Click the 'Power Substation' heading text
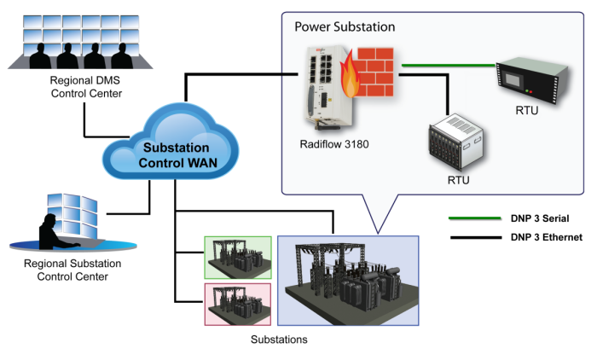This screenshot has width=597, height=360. click(345, 26)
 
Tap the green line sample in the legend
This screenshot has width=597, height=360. click(478, 218)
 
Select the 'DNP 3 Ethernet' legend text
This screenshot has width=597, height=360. click(546, 237)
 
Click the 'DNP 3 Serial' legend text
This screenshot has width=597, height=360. click(540, 218)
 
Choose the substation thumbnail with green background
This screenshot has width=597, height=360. click(238, 257)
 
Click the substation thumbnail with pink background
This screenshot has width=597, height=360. click(238, 304)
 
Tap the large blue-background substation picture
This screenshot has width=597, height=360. click(348, 281)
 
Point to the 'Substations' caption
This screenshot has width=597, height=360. click(279, 340)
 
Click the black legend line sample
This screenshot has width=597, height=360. click(478, 238)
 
